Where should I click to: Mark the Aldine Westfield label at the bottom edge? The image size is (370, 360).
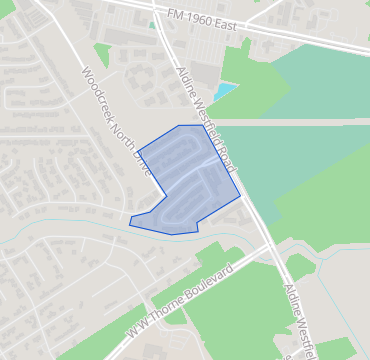[298, 310]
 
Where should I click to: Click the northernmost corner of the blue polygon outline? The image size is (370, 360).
[178, 126]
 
